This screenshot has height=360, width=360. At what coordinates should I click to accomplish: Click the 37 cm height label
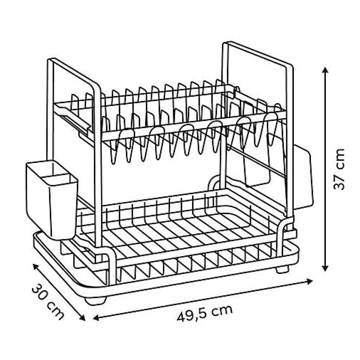[339, 169]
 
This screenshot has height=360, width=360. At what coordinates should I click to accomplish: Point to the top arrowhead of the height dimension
[325, 70]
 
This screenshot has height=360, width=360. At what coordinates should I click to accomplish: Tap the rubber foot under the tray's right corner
[282, 269]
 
